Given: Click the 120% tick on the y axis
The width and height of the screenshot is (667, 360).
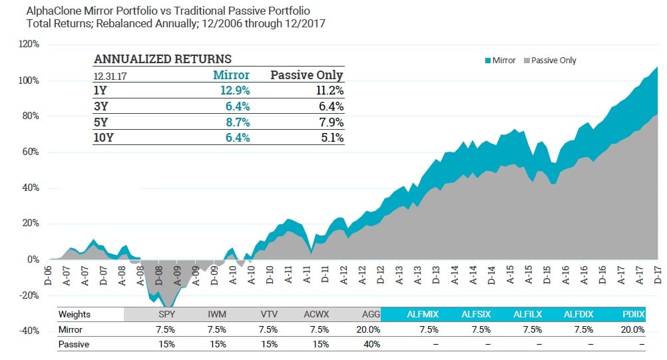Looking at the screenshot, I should [x=30, y=45].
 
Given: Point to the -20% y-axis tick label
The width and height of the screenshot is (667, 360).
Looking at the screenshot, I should [x=29, y=295].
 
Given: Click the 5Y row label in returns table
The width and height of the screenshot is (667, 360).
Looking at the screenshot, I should [x=101, y=122].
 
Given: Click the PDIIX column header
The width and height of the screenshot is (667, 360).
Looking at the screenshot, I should [x=633, y=314].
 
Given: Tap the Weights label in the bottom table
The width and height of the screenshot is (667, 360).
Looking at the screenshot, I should [x=74, y=314].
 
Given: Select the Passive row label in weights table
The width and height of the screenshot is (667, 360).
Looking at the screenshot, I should [x=73, y=344].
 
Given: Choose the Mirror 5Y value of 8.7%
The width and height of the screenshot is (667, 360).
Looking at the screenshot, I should [x=235, y=122].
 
